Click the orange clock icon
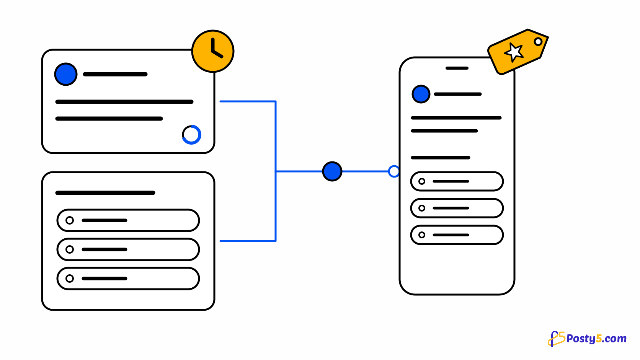(213, 51)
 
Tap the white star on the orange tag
(514, 52)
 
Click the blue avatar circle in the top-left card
(66, 74)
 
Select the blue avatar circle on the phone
(421, 94)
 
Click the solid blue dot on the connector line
(332, 171)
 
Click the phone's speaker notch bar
(457, 68)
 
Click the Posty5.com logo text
(596, 339)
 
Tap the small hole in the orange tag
(538, 42)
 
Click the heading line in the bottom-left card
(105, 193)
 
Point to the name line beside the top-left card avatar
(115, 74)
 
